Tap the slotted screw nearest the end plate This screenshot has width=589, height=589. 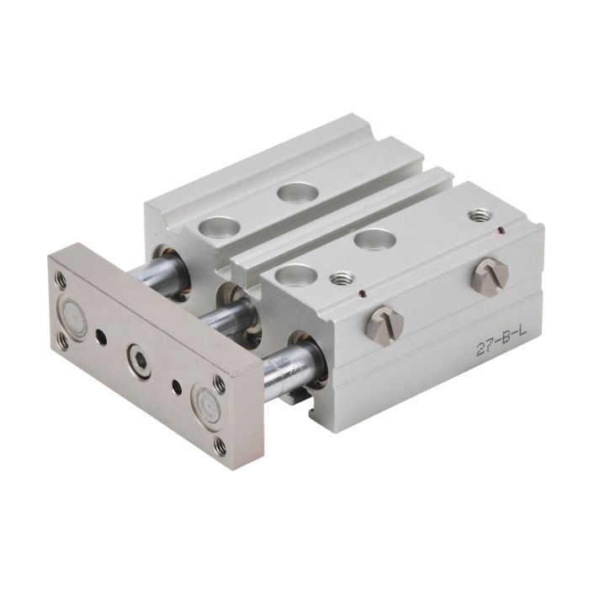tap(385, 325)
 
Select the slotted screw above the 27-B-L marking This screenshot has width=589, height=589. tap(490, 276)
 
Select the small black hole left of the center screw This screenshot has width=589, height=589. tap(101, 337)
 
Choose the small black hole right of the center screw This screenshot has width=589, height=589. tap(176, 387)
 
